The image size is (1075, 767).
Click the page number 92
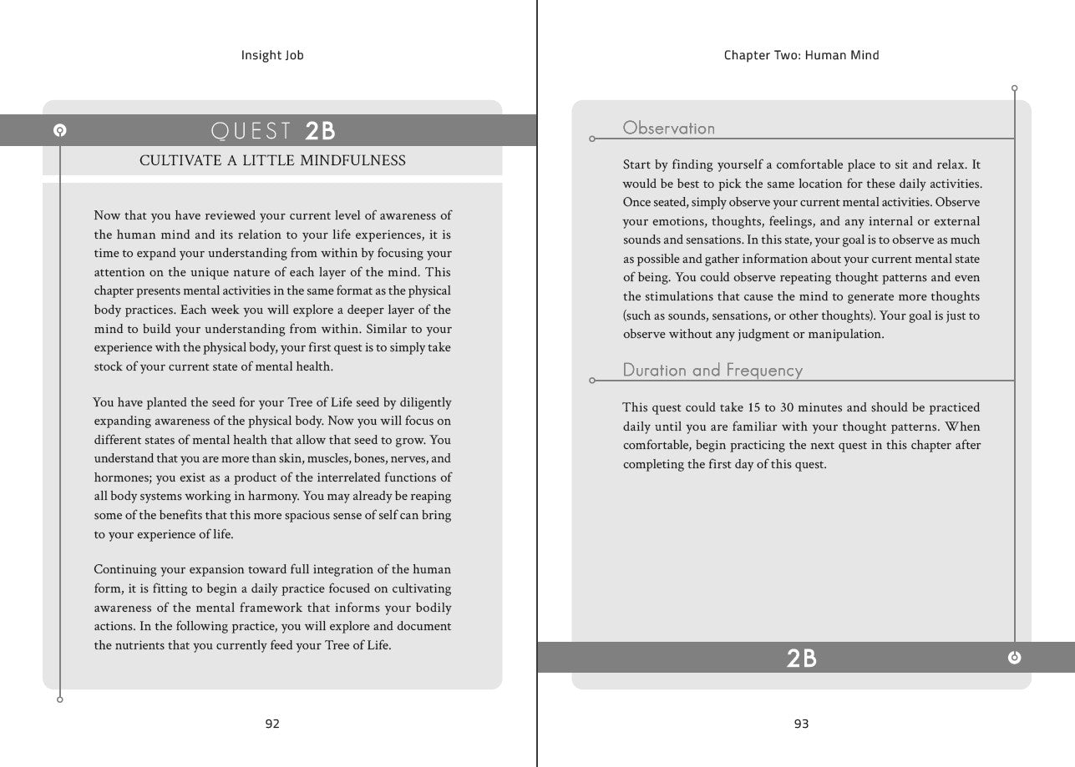coord(272,724)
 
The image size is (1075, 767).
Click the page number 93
coord(801,724)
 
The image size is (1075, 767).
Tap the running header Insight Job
coord(272,55)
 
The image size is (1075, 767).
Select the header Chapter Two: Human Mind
coord(801,55)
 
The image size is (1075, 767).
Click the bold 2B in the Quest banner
coord(320,130)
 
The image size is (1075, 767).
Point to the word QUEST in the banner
coord(251,130)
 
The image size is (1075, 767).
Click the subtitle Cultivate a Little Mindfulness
coord(272,160)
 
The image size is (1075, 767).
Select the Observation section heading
coord(669,128)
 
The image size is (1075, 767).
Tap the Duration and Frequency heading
coord(712,370)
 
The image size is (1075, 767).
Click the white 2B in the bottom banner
coord(801,658)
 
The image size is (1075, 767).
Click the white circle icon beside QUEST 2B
coord(59,130)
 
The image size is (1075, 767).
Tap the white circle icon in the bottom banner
coord(1014,658)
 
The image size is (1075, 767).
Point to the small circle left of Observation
coord(592,139)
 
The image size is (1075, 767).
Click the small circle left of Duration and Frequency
coord(592,381)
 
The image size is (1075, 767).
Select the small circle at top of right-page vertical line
coord(1014,88)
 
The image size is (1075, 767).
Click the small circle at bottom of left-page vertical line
coord(59,699)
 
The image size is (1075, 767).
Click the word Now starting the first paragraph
coord(108,215)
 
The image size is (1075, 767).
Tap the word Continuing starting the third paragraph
coord(125,569)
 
